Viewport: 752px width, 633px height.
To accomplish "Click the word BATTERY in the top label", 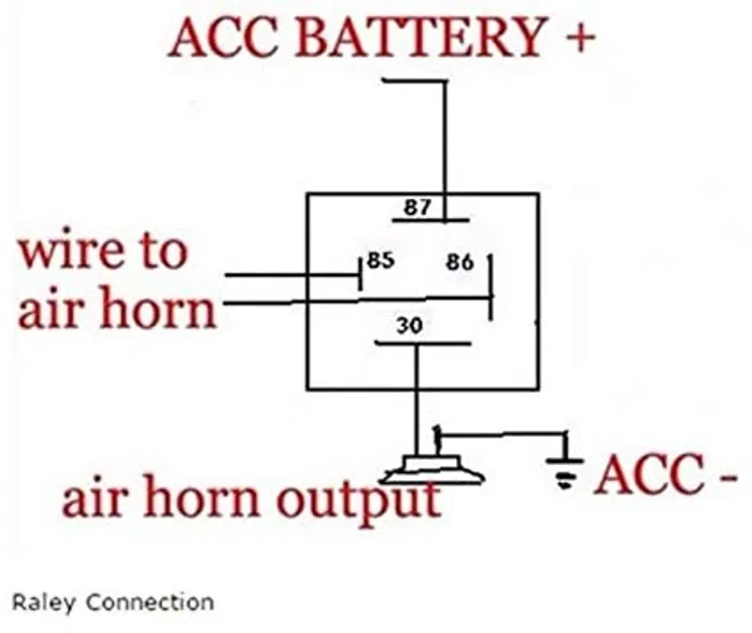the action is [x=419, y=37].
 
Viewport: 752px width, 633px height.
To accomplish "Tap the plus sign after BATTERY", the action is [x=580, y=38].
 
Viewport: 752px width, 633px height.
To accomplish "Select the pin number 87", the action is [x=417, y=207].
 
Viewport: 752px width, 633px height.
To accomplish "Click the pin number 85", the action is [x=381, y=260].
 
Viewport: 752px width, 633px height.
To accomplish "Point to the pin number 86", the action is [x=460, y=262].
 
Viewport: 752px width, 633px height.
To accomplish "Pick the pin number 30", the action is [x=410, y=325].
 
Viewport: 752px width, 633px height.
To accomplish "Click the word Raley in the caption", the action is [x=43, y=602].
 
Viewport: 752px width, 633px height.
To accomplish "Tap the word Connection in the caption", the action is [x=150, y=602].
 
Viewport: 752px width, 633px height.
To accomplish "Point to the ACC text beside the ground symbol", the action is [x=649, y=474].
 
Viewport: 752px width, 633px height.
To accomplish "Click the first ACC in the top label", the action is [x=224, y=37].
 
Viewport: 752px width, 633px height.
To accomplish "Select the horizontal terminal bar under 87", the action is [x=431, y=221].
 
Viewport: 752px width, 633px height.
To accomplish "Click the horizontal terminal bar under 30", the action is [x=422, y=343].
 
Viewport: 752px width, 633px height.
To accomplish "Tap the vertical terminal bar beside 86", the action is [x=490, y=287].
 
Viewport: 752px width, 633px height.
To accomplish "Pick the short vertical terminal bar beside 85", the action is [x=361, y=273].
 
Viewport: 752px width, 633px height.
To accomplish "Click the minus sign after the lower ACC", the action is [x=727, y=478].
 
